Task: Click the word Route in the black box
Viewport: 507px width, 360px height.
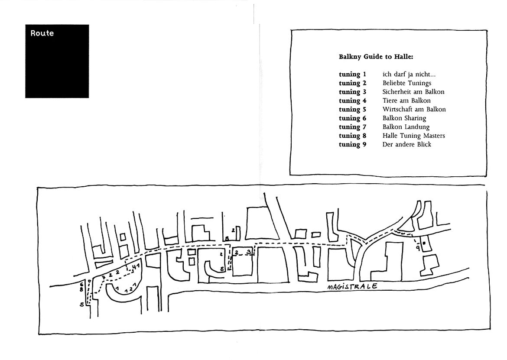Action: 42,33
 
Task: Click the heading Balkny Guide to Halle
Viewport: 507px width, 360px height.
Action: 376,57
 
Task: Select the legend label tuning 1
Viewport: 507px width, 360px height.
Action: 352,75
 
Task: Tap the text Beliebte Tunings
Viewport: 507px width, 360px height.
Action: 407,83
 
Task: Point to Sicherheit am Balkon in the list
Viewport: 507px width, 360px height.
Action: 413,92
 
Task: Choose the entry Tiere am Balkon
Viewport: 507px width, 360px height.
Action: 406,101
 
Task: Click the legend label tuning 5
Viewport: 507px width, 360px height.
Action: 352,110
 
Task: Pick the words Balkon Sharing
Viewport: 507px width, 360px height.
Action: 404,118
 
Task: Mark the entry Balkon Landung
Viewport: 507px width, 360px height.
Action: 406,127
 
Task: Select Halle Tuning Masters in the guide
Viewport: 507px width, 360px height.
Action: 413,136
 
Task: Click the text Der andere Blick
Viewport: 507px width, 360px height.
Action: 407,144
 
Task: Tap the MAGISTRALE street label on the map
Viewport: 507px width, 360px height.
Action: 352,287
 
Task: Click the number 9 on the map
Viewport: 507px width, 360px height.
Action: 418,248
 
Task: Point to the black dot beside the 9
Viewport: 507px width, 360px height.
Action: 424,243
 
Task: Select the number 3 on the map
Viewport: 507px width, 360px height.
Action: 248,251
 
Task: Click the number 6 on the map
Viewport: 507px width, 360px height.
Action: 82,284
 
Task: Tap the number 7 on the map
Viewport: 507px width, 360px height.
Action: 134,285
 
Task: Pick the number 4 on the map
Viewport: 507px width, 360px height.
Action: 133,266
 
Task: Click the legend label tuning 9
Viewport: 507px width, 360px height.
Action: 352,144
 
